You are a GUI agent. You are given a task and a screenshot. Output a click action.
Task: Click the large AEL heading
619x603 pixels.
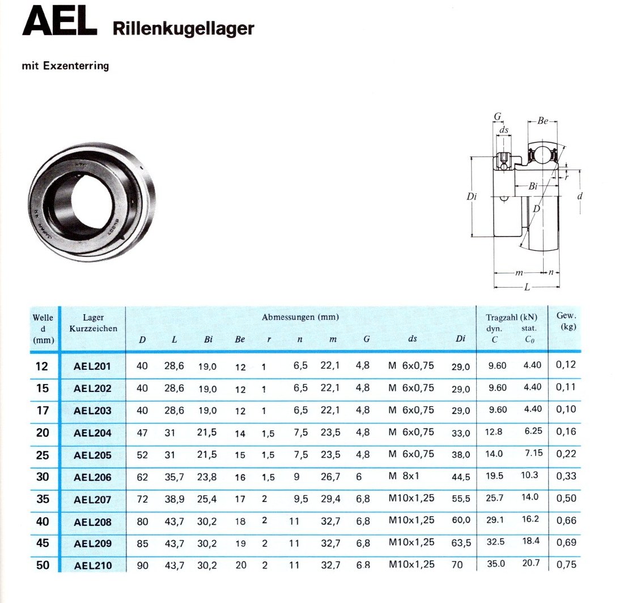coord(60,22)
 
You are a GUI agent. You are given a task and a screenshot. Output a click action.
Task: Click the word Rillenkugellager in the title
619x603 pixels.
coord(183,28)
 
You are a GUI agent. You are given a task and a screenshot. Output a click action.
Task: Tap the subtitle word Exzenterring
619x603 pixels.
coord(76,66)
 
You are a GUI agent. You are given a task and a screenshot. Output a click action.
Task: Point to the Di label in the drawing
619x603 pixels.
coord(472,196)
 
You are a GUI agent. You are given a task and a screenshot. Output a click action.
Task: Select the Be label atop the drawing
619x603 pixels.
coord(543,120)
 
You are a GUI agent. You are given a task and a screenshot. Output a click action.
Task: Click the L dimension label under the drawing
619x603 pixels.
coord(527,287)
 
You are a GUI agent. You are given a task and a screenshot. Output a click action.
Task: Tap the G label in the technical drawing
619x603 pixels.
coord(498,116)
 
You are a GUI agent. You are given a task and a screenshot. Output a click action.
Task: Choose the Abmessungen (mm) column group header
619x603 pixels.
coord(300,317)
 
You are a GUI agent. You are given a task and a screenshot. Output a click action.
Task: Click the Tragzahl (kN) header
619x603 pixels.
coord(511,317)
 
